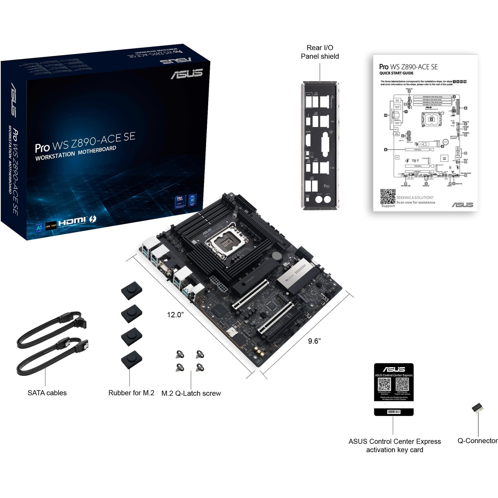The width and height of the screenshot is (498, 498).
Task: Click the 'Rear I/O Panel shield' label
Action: tap(319, 52)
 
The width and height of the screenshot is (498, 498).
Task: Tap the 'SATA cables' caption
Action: tap(47, 393)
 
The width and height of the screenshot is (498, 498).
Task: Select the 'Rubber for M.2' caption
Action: tap(131, 393)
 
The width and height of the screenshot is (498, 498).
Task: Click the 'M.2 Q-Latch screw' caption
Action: tap(191, 393)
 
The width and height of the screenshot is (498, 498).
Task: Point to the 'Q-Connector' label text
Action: tap(477, 441)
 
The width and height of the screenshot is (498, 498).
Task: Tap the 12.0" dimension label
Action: tap(175, 315)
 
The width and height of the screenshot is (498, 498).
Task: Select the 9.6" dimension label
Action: tap(314, 341)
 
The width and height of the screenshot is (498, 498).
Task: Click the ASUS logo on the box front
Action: tap(186, 73)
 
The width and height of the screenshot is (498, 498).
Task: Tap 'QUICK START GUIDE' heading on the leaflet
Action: tap(396, 73)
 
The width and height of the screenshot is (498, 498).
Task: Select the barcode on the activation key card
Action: tap(394, 412)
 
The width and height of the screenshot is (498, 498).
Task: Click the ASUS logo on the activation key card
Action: tap(394, 369)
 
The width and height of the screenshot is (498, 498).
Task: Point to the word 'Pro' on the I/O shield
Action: tap(326, 186)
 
